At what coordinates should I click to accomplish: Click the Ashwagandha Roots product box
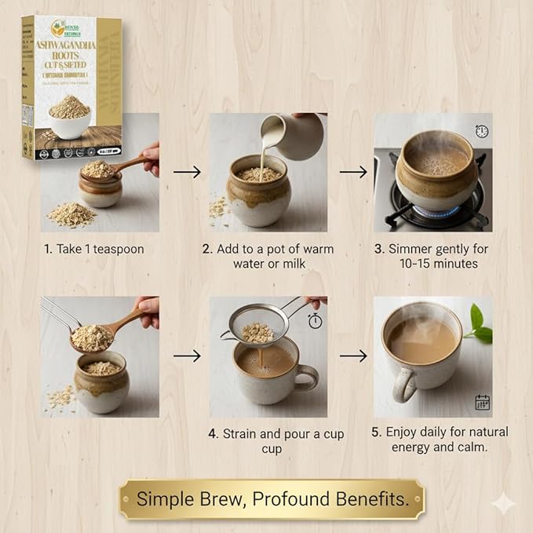[x=72, y=86]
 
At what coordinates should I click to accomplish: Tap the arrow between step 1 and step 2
[x=185, y=171]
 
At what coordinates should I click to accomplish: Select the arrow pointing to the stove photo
[x=353, y=171]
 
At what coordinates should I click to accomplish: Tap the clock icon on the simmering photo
[x=480, y=132]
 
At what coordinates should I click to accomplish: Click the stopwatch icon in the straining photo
[x=315, y=321]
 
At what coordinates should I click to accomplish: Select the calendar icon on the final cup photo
[x=482, y=403]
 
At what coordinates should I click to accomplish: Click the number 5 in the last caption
[x=375, y=433]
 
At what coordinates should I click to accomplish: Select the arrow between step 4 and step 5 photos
[x=353, y=356]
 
